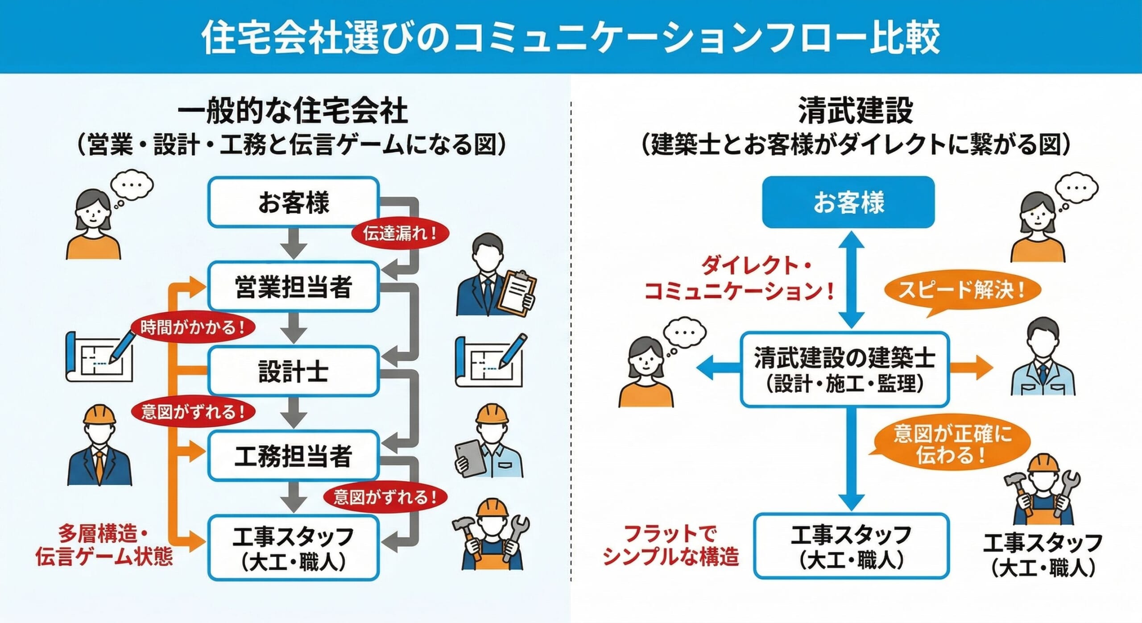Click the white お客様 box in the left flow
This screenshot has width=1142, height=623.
point(294,202)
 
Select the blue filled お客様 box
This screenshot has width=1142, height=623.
point(848,202)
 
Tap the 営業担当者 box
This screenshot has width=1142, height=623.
point(294,286)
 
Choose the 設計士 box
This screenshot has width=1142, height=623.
point(294,371)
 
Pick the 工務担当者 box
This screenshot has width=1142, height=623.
point(294,456)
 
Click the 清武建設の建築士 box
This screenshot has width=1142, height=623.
point(844,369)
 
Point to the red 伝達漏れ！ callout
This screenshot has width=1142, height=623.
point(400,233)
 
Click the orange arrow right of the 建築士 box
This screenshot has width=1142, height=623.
point(970,367)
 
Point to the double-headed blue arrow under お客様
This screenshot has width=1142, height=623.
point(851,279)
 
